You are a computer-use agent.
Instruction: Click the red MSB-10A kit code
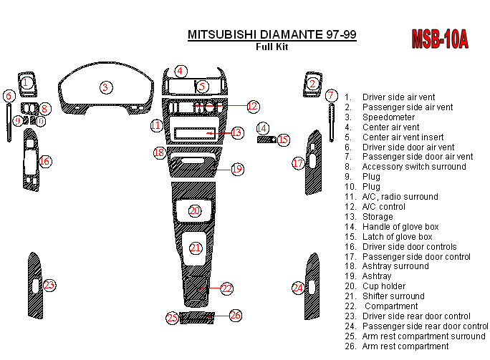(x=440, y=40)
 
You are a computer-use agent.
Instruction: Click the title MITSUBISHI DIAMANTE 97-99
(x=272, y=34)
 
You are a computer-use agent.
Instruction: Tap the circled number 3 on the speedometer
(x=106, y=88)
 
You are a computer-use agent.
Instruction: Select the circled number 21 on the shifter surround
(x=196, y=248)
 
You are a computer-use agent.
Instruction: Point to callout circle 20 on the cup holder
(x=195, y=210)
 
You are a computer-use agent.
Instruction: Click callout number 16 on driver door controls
(x=44, y=162)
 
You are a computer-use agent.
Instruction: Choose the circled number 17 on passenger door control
(x=299, y=164)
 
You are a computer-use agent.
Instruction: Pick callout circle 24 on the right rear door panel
(x=298, y=288)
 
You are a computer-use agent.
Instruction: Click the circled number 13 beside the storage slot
(x=237, y=132)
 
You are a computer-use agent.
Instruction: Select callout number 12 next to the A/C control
(x=252, y=107)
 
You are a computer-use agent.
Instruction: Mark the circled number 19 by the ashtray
(x=237, y=169)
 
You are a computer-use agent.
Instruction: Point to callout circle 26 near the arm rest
(x=236, y=315)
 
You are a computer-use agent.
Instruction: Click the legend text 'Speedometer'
(x=388, y=117)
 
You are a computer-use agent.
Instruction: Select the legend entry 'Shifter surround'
(x=393, y=296)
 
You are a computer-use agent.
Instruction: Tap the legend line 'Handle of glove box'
(x=400, y=227)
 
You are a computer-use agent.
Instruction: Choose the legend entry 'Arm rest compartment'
(x=405, y=346)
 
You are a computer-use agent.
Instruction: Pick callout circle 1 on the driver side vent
(x=26, y=82)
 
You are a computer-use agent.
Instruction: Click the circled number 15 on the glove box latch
(x=284, y=140)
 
